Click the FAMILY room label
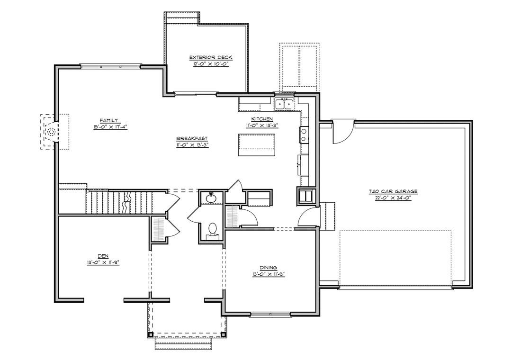coord(108,120)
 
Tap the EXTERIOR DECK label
coord(211,57)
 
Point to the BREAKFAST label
coord(192,139)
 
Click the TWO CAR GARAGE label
coord(393,191)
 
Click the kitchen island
coord(257,144)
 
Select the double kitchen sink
coord(285,104)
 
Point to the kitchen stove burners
coord(304,135)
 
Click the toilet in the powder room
coord(212,231)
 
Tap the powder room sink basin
coord(211,198)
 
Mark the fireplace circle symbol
coord(51,132)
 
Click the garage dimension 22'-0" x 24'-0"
coord(393,198)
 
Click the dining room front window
coord(270,314)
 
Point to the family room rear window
coord(111,66)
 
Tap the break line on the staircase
coord(127,203)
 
